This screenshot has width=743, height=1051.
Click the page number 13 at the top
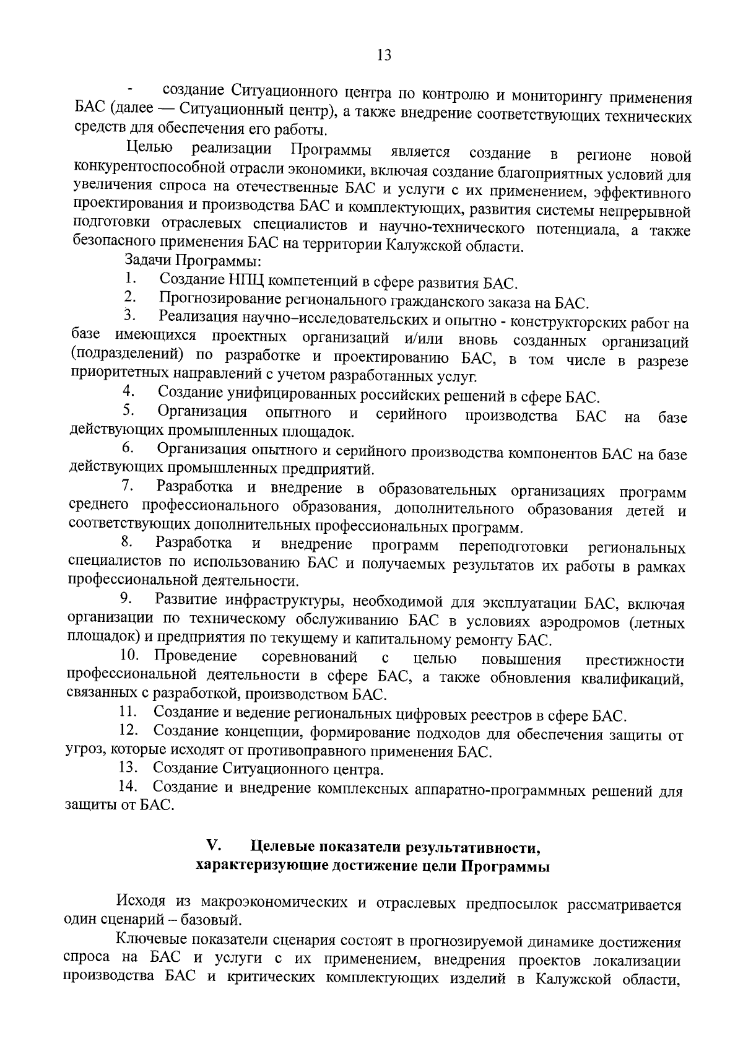(383, 55)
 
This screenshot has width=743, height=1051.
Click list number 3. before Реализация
(129, 316)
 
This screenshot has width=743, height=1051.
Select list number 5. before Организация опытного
(129, 410)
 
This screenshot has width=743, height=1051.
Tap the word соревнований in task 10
(309, 657)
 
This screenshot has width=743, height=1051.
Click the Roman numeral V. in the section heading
(214, 845)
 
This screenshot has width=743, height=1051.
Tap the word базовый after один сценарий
(212, 918)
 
